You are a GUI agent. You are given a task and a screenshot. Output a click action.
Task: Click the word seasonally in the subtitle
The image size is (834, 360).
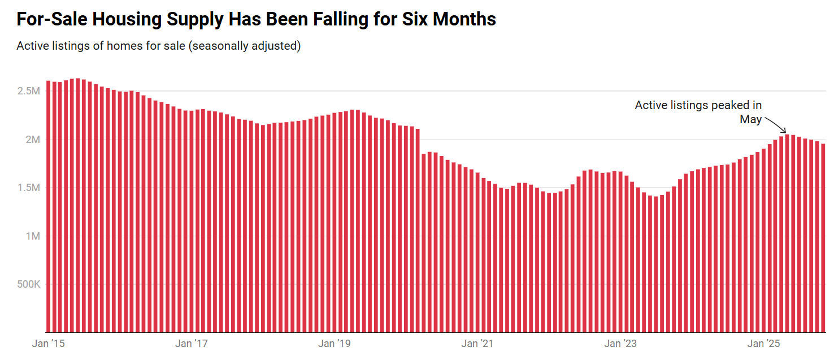tap(220, 46)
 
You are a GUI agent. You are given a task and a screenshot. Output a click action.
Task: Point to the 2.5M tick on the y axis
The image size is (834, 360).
tap(28, 91)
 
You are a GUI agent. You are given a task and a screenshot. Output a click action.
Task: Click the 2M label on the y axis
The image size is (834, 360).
tap(33, 140)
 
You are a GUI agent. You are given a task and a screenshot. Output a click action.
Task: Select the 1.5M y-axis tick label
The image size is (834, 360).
tap(28, 188)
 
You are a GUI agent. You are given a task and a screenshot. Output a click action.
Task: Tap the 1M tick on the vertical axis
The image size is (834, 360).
tap(33, 236)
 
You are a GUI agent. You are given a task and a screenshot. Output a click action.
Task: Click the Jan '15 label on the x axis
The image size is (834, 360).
tap(49, 344)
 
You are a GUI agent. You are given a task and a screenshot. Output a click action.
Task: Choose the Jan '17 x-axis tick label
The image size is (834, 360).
tap(192, 344)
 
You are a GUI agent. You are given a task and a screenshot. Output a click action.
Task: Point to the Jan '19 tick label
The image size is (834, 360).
tap(335, 344)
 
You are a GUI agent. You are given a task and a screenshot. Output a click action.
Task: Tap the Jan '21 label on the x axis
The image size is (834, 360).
tap(478, 344)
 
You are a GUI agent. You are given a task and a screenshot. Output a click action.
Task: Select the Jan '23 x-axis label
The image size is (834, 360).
tap(621, 344)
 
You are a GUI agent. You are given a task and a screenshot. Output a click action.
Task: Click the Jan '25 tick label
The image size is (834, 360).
tap(764, 344)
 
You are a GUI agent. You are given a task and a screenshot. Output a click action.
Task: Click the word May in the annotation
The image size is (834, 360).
tap(751, 119)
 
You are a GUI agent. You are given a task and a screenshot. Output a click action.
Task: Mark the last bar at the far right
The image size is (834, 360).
tap(823, 238)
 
